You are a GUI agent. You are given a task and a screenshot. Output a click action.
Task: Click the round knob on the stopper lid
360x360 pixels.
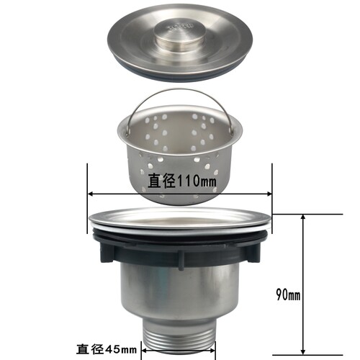coord(180,34)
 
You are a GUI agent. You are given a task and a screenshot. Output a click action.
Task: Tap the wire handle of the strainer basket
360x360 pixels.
coord(179,91)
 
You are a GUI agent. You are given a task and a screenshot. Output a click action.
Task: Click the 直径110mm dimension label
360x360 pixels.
coord(181,181)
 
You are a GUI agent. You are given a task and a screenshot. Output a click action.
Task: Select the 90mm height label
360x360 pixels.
coord(288,294)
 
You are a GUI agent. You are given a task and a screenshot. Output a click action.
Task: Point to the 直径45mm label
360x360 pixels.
coord(107,348)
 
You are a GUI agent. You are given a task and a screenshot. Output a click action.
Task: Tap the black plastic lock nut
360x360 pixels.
coord(180,247)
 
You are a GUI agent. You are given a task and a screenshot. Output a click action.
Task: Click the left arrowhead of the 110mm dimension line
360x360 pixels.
coord(91,194)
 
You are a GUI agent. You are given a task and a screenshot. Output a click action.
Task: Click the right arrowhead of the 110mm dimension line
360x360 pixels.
coord(269,194)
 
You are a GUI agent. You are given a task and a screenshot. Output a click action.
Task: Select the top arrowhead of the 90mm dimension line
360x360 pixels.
coord(303,217)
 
